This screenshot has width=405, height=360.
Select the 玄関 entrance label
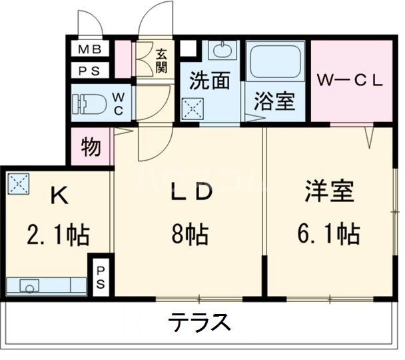(x=162, y=59)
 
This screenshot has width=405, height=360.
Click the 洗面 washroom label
(x=209, y=81)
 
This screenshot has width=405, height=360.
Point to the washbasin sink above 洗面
(x=222, y=50)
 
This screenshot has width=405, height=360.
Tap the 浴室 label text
(x=274, y=103)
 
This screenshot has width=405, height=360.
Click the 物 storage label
(x=91, y=147)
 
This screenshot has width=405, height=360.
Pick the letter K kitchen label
(x=60, y=195)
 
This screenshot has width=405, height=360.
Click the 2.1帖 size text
(x=59, y=235)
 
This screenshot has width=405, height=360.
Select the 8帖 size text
(x=190, y=234)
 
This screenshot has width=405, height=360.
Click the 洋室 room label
(x=328, y=193)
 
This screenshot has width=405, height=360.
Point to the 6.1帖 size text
(x=328, y=234)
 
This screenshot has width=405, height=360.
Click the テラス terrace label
(x=199, y=324)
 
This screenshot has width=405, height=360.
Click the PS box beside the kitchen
(x=101, y=276)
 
